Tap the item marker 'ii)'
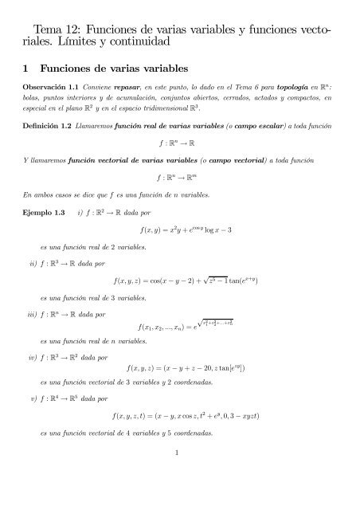click(34, 261)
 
